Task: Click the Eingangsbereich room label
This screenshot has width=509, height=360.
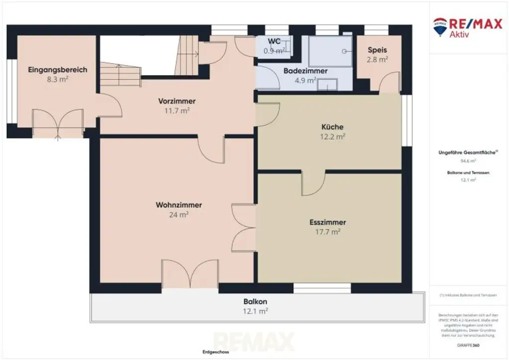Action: pos(58,70)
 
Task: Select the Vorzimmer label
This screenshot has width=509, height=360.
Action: pos(177,101)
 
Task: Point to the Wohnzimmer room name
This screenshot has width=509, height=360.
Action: pos(179,205)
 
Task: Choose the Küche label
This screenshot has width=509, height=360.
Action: pos(333,127)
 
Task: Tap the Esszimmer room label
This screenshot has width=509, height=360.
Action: pos(328,222)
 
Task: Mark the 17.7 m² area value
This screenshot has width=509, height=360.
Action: pos(328,232)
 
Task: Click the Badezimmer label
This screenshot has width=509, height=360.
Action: pos(306,71)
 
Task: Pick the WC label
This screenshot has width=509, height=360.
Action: pos(274,41)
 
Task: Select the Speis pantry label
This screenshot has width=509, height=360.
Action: pos(377,50)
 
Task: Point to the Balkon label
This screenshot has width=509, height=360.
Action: pos(255,301)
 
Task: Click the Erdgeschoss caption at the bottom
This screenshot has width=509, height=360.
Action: pos(216,353)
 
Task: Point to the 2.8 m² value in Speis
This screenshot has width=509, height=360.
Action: pos(377,60)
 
